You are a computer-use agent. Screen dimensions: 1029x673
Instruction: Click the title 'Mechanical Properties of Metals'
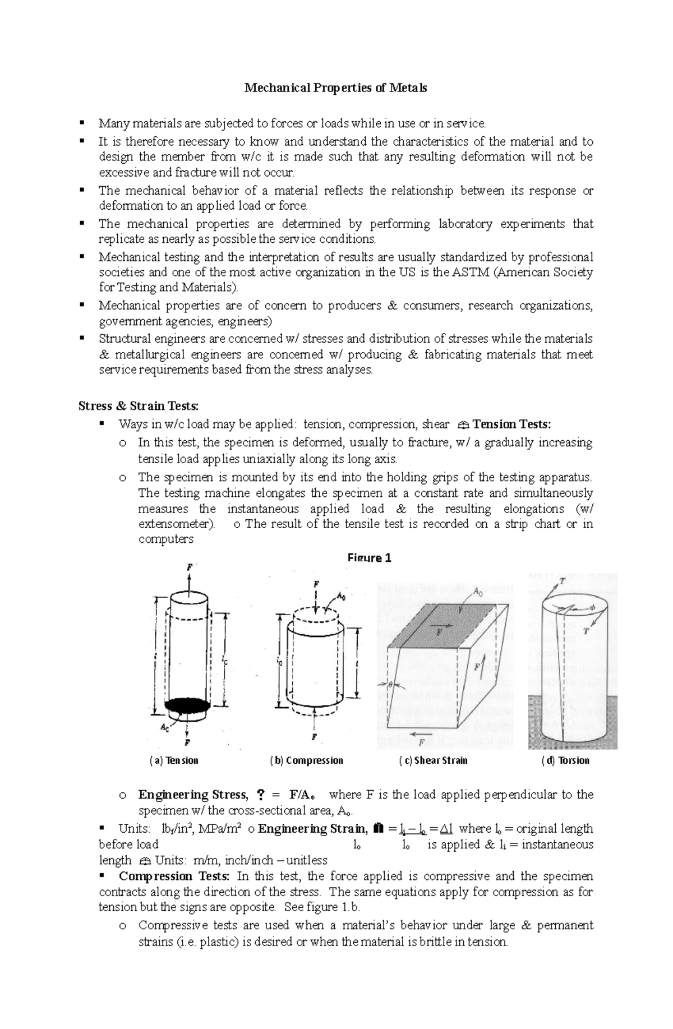[335, 88]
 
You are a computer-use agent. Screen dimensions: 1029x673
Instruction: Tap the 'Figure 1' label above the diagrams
[369, 558]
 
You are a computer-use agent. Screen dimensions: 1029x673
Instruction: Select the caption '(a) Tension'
[174, 760]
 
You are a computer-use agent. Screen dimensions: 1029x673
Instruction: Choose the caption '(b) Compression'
[306, 760]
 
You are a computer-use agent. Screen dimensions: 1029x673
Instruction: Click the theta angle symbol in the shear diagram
[391, 684]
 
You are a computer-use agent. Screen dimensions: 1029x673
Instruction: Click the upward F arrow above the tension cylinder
[189, 578]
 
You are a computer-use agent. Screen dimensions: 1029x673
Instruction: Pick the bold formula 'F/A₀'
[303, 795]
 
